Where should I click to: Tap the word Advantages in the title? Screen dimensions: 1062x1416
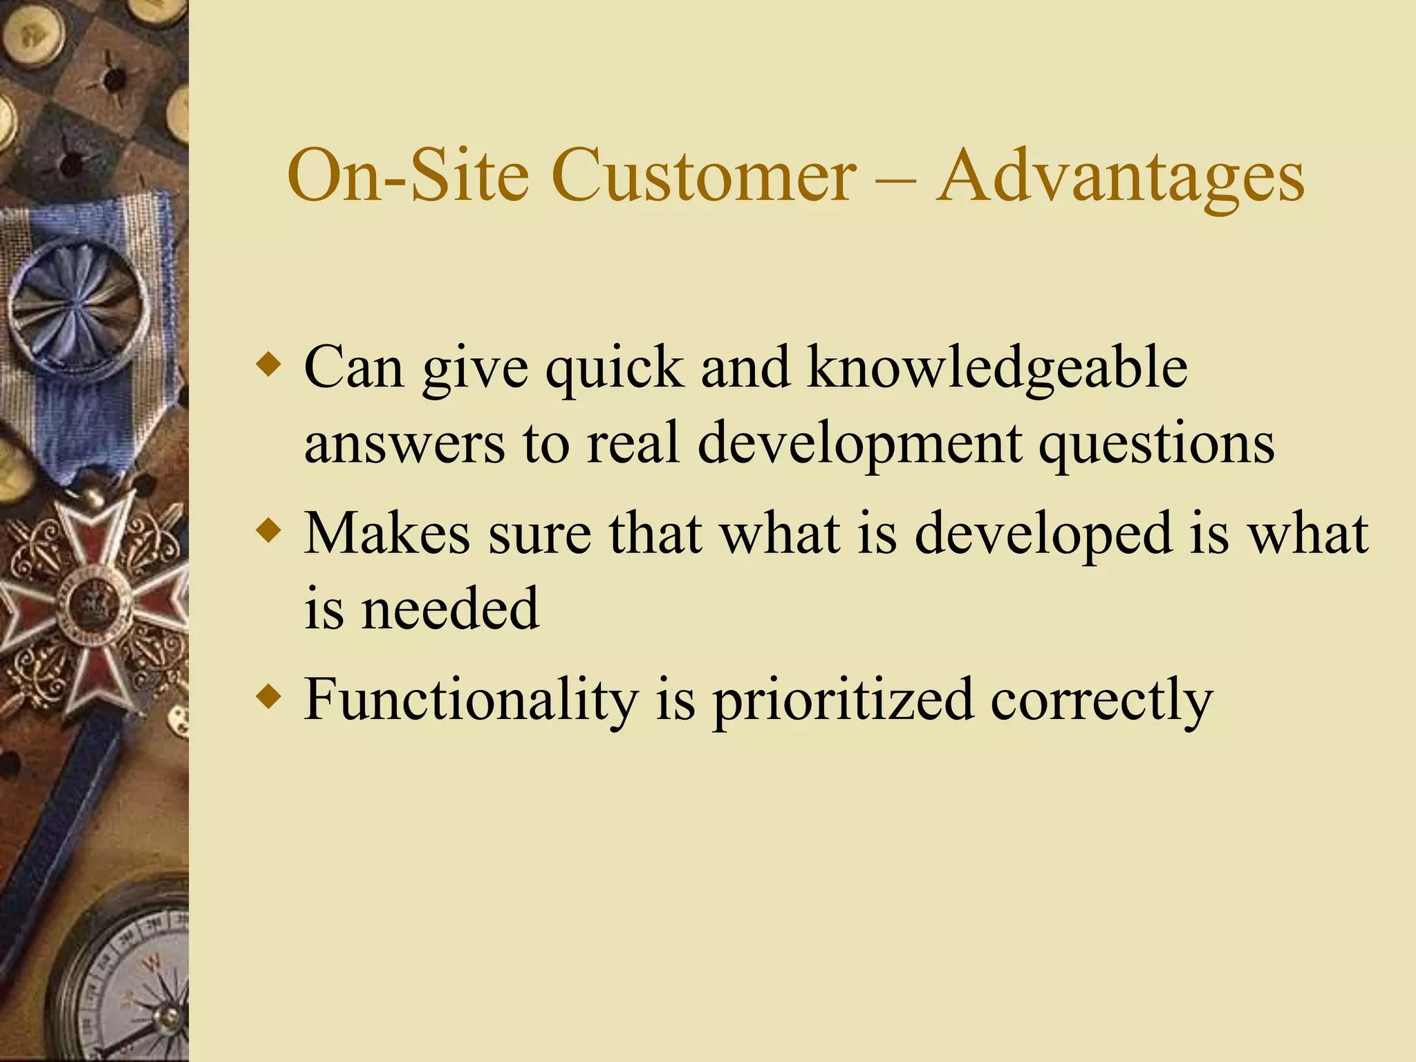coord(1120,177)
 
